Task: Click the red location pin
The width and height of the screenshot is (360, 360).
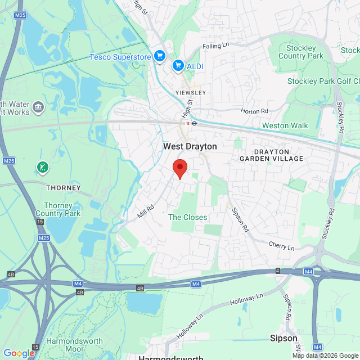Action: (x=179, y=168)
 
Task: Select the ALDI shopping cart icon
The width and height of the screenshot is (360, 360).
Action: (x=178, y=66)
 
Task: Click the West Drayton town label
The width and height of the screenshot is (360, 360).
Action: (x=190, y=146)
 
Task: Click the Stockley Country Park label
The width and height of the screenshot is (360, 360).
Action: (x=300, y=52)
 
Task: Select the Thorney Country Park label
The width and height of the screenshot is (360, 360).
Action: (x=58, y=209)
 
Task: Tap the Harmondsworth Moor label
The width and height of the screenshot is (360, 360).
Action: (x=74, y=345)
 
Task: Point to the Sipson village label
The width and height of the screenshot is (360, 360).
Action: (x=283, y=339)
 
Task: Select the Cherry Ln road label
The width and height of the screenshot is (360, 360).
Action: (x=281, y=246)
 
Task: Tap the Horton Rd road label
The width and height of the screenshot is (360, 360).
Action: (x=255, y=111)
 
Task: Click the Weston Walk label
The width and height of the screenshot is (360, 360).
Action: (x=285, y=125)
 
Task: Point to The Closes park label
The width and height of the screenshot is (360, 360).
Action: (x=187, y=217)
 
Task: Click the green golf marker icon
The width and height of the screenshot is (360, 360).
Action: (x=42, y=167)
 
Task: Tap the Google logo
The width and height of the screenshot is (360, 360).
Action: (x=19, y=353)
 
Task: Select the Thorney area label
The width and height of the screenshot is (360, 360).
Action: (x=63, y=187)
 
